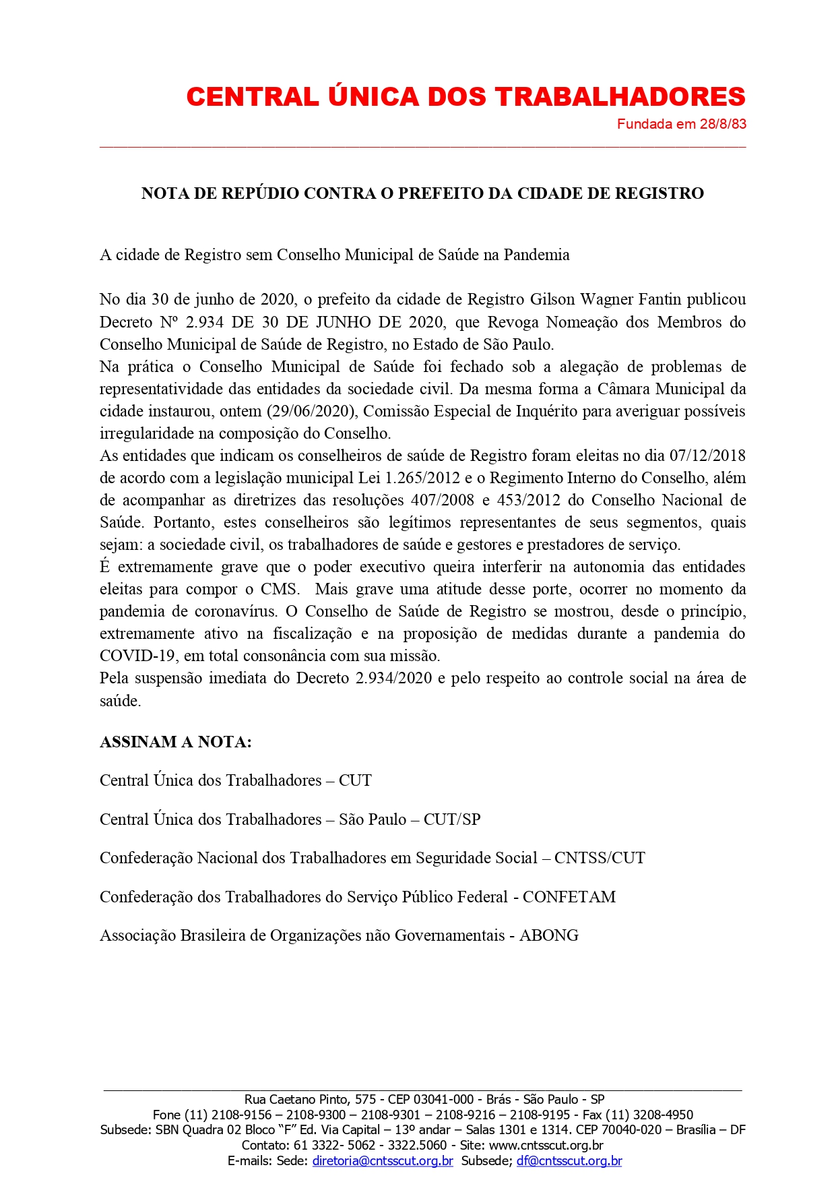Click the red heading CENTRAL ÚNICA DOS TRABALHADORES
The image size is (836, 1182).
click(x=465, y=97)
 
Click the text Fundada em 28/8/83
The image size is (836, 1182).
click(x=681, y=124)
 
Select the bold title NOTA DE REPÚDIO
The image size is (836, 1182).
click(x=422, y=193)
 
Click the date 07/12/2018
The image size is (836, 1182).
click(x=707, y=456)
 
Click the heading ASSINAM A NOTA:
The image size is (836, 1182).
click(x=176, y=742)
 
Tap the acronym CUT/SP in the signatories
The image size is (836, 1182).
click(x=452, y=819)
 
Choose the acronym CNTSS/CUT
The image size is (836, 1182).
click(x=600, y=858)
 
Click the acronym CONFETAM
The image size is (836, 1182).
click(x=569, y=897)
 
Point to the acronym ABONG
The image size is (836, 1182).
click(x=549, y=935)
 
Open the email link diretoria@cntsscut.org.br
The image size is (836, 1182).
click(x=383, y=1161)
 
